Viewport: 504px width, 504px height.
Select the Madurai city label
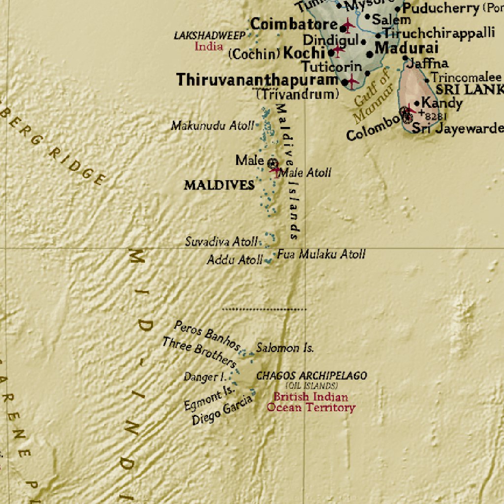[x=406, y=48]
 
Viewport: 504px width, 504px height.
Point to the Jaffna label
[x=427, y=63]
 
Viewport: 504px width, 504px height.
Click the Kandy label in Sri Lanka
[x=442, y=103]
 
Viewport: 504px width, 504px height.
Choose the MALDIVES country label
[x=219, y=186]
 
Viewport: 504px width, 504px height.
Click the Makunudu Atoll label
[x=213, y=126]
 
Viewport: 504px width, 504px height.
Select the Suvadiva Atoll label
[x=221, y=242]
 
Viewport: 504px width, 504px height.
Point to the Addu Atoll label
[x=234, y=260]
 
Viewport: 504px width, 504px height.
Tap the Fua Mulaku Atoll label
[x=321, y=254]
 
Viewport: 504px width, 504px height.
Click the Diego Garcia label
[x=222, y=410]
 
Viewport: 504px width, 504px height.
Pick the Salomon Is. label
[x=284, y=348]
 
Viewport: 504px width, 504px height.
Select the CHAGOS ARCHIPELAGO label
[x=311, y=376]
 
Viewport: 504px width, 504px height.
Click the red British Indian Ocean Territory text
[x=311, y=402]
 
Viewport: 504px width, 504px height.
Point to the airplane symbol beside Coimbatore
[x=348, y=25]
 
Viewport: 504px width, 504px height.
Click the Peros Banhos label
[x=207, y=334]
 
